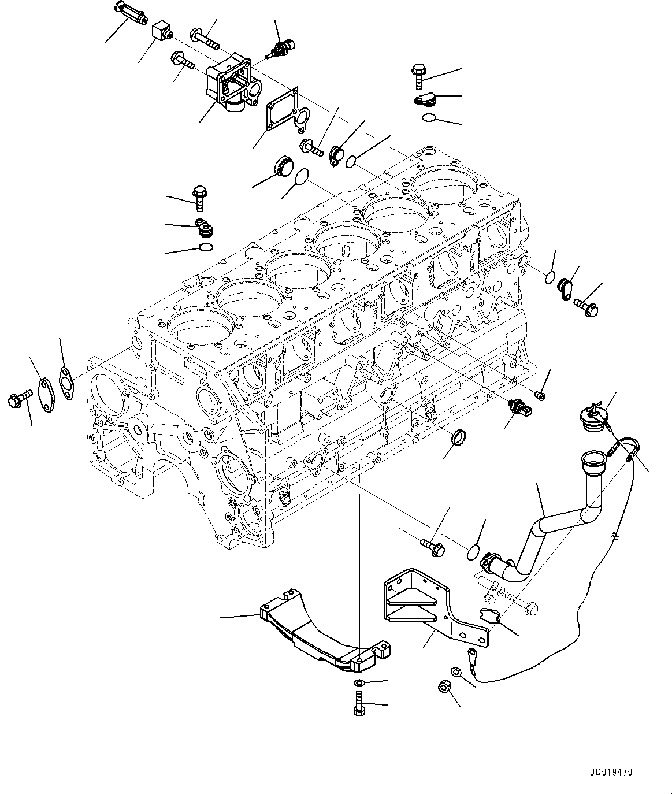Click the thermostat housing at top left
point(232,84)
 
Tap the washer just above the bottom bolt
point(358,684)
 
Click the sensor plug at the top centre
point(281,47)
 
